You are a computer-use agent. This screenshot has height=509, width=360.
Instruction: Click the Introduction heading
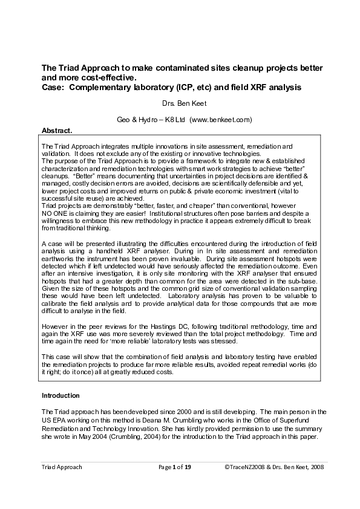click(61, 395)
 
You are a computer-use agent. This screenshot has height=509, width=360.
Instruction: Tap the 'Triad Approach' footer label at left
click(61, 467)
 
